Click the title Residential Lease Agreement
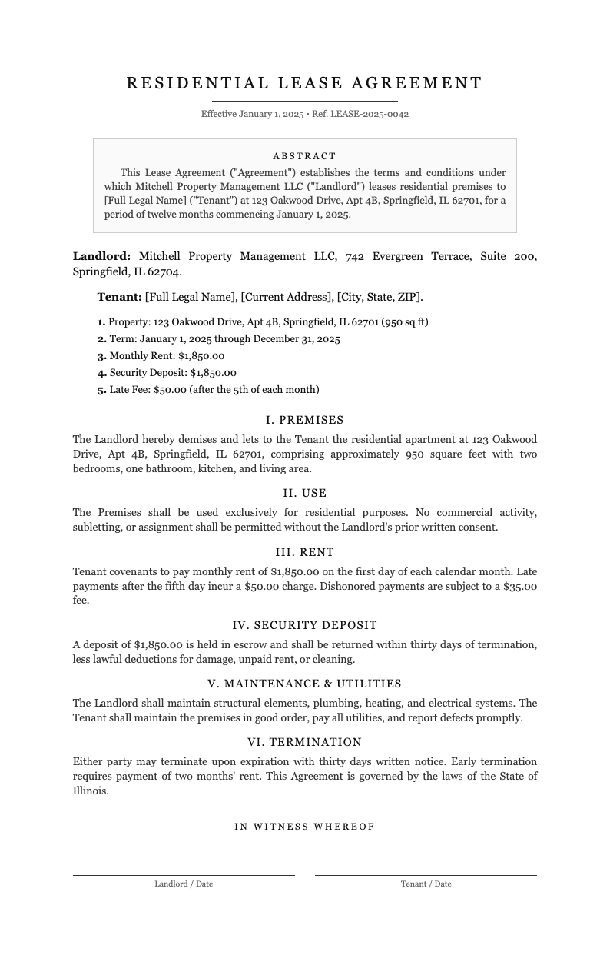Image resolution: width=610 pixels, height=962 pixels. [x=304, y=83]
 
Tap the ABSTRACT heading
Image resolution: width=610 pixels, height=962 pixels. [x=304, y=156]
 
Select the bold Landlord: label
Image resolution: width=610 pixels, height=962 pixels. [x=101, y=256]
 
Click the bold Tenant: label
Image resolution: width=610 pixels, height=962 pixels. [x=119, y=297]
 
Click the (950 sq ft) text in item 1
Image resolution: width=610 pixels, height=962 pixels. [x=405, y=322]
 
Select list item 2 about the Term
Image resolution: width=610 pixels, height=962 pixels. [x=219, y=339]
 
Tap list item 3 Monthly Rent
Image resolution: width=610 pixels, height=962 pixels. [x=161, y=356]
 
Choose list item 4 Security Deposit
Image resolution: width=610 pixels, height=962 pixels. [x=167, y=373]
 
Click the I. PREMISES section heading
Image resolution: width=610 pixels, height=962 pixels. [x=304, y=421]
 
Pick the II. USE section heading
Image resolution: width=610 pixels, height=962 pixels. [x=304, y=493]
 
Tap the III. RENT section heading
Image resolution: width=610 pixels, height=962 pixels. [x=304, y=552]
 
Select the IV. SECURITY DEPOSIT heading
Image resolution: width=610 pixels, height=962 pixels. [x=304, y=625]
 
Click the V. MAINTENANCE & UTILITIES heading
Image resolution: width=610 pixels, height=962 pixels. [x=304, y=684]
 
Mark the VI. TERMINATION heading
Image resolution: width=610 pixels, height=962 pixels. [x=304, y=742]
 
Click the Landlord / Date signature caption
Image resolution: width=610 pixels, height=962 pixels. [x=184, y=884]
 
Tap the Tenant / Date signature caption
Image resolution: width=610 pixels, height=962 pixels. [x=426, y=884]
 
